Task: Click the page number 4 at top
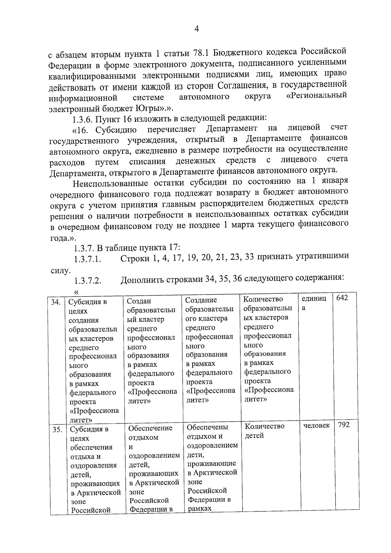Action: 196,29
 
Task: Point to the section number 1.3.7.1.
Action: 88,260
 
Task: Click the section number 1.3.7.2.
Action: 88,281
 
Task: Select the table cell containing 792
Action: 344,425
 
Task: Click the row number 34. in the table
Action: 56,302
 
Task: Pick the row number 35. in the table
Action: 57,429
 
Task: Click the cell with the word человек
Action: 316,425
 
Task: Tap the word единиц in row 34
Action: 314,298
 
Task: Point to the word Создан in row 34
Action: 139,301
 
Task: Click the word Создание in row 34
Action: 201,300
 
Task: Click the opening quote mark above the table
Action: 77,291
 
